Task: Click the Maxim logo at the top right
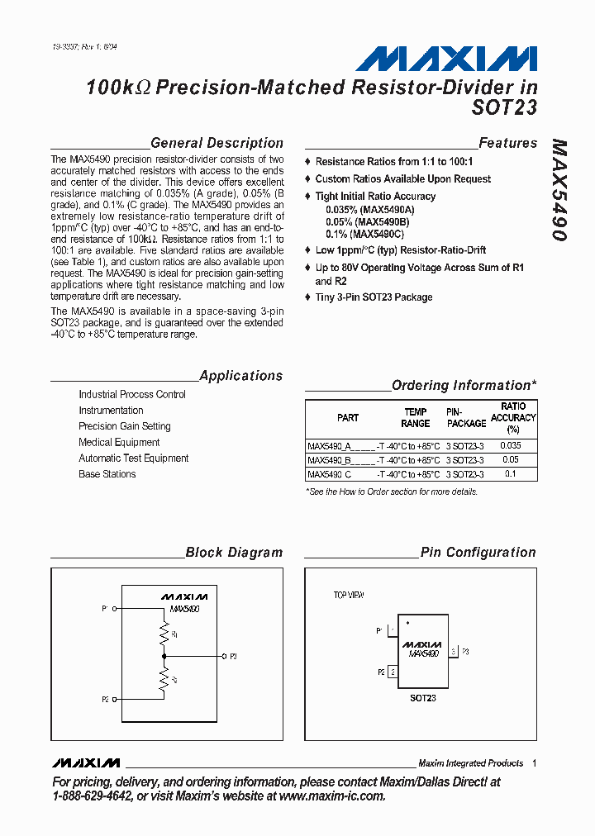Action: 446,58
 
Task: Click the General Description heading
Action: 217,143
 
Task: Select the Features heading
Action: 507,143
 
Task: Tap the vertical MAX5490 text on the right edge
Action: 559,190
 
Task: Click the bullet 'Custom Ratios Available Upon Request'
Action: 402,179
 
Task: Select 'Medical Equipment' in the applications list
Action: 119,443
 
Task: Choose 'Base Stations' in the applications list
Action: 107,474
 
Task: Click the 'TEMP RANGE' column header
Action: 415,418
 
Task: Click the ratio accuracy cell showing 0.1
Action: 511,474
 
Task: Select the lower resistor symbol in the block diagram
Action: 165,679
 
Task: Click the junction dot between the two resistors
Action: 165,656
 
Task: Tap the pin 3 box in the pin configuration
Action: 453,652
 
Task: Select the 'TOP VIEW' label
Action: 348,595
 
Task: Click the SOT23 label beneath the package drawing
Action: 422,698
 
